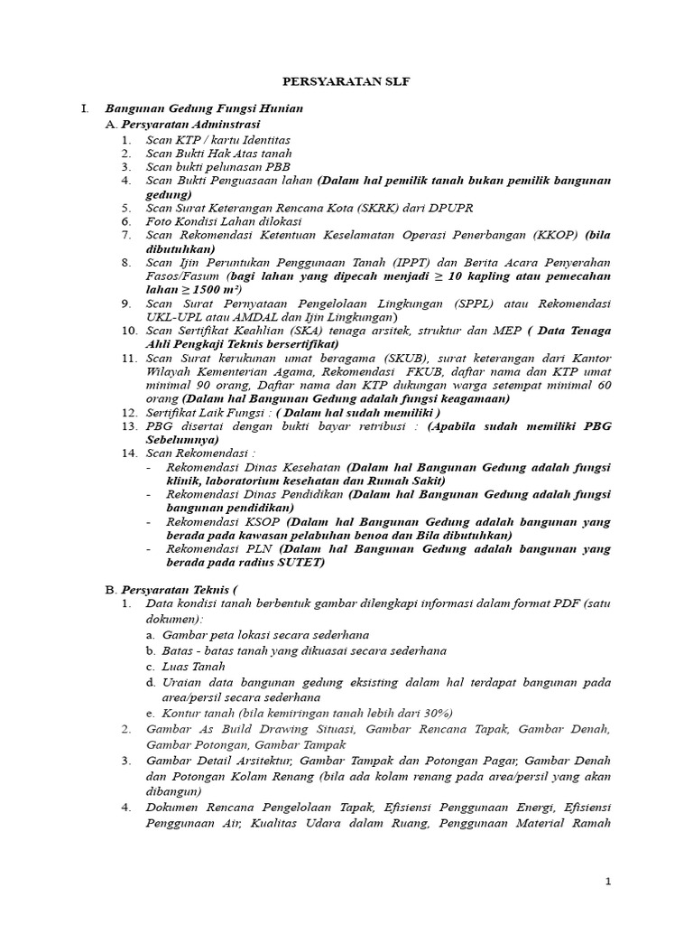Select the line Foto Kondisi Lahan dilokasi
pyautogui.click(x=224, y=220)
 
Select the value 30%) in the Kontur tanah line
pyautogui.click(x=435, y=712)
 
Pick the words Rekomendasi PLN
pyautogui.click(x=221, y=548)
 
